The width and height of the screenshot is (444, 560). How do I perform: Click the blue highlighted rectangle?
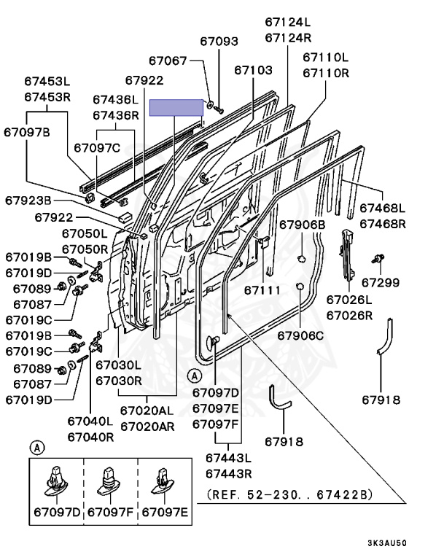click(176, 108)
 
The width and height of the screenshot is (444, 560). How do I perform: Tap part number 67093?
click(218, 42)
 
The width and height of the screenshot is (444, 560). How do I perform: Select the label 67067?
click(169, 61)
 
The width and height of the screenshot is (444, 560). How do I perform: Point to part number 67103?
click(253, 70)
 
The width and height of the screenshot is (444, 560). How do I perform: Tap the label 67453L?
click(47, 82)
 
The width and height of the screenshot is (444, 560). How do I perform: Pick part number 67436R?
click(115, 115)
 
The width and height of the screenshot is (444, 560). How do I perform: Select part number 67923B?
click(28, 200)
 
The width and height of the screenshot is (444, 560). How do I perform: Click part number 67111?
click(262, 290)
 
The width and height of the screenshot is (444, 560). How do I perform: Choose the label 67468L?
click(383, 208)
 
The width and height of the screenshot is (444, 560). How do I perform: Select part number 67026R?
click(349, 315)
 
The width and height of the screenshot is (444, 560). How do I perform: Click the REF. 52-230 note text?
click(289, 494)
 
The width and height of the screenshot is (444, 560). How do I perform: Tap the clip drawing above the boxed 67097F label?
click(110, 478)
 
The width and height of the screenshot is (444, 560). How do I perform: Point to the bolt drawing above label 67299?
click(378, 258)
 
